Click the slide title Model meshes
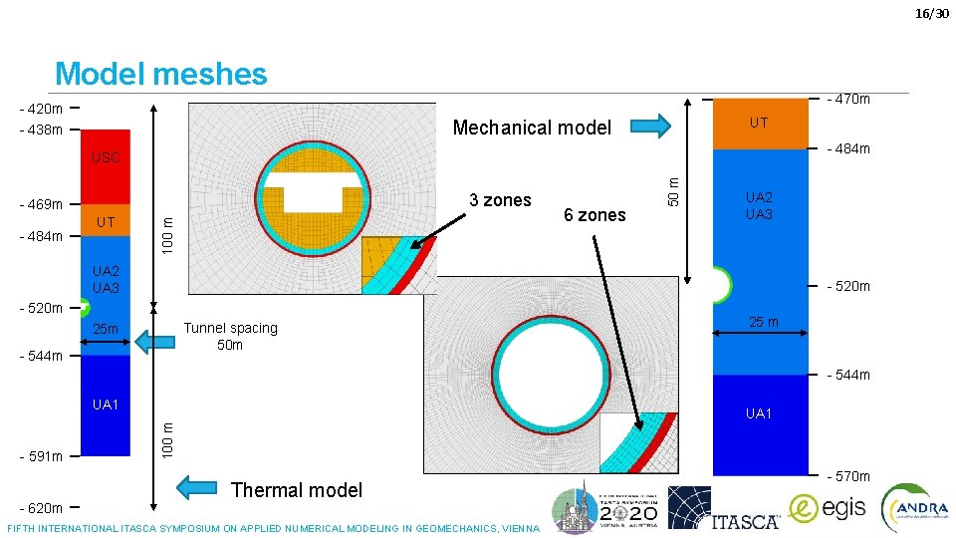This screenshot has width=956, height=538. coord(161,74)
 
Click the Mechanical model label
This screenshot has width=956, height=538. coord(532,128)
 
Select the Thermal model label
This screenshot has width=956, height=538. coord(296,489)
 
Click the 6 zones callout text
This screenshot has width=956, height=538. coord(595,214)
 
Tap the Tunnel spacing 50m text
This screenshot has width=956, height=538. coord(231,336)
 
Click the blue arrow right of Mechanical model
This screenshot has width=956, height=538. coord(651,126)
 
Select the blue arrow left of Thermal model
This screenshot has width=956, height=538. coord(197,488)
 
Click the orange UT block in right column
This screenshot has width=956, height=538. coord(758,124)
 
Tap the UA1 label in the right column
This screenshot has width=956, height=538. coord(759,412)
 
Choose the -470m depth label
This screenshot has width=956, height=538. coord(848,99)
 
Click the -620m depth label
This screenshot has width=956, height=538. coord(41,508)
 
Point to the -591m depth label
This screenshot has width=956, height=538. coord(41,456)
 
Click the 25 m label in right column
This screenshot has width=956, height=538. coord(764,321)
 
